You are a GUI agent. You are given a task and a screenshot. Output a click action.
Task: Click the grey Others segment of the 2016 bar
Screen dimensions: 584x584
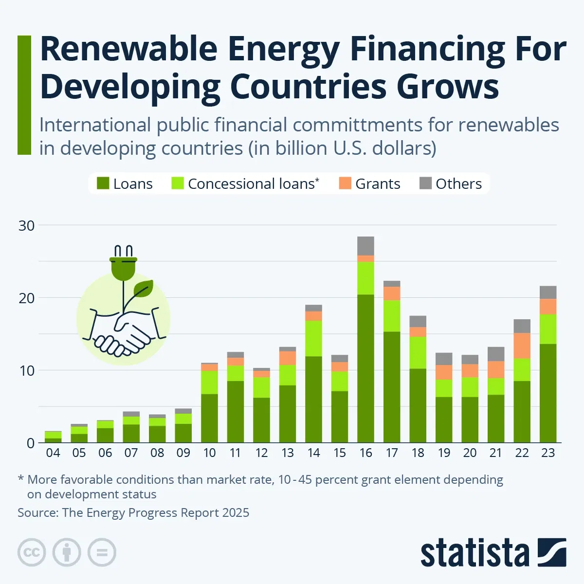point(365,246)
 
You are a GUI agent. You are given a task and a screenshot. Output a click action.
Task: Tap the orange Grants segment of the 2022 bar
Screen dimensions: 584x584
point(522,346)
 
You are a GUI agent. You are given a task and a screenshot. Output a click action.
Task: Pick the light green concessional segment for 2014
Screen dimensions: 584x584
point(313,338)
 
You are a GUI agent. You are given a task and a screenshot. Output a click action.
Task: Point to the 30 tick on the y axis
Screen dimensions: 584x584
point(27,226)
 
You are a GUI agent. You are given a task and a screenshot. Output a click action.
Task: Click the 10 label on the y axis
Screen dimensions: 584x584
point(27,371)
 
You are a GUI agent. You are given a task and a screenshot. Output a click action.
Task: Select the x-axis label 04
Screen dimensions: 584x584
point(53,453)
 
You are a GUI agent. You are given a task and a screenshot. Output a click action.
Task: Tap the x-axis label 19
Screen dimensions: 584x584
point(444,453)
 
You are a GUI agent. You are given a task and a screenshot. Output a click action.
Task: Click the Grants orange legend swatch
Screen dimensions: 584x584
point(345,183)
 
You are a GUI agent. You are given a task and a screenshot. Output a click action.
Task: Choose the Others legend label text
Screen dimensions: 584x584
point(458,184)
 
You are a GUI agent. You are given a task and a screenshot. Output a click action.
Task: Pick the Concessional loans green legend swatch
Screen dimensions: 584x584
point(178,183)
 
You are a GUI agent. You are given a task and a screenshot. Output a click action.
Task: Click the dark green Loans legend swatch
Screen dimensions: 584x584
point(103,183)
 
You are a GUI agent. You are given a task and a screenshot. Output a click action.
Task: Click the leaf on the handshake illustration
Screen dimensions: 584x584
point(144,288)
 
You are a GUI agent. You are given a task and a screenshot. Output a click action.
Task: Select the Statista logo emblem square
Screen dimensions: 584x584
point(552,552)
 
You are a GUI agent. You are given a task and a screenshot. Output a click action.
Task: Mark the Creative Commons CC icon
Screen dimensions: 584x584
point(32,553)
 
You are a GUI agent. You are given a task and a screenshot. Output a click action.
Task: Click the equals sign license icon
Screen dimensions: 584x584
point(102,553)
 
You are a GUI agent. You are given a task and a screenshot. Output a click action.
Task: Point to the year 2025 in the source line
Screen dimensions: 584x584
point(236,513)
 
